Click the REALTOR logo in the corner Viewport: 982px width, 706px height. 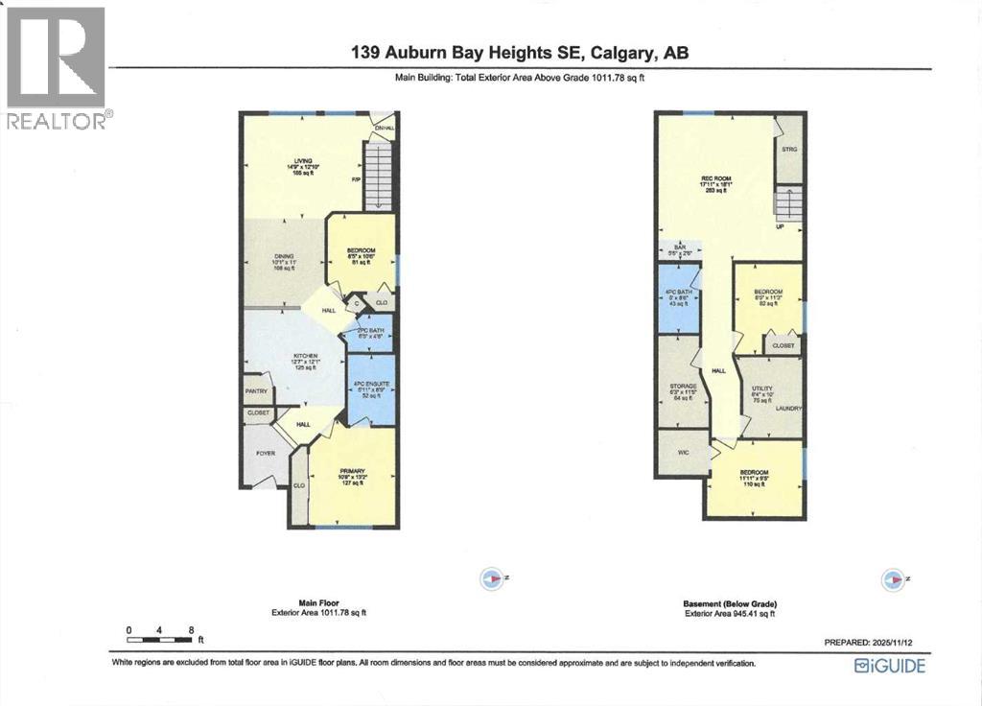[x=57, y=67]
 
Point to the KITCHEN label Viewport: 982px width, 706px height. [x=305, y=355]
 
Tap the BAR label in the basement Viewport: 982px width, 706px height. [x=681, y=247]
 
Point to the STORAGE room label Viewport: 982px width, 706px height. [x=683, y=386]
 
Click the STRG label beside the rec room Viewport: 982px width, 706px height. [x=789, y=150]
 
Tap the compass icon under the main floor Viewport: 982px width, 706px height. [x=492, y=578]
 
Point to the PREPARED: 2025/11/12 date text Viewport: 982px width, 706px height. [x=875, y=642]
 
